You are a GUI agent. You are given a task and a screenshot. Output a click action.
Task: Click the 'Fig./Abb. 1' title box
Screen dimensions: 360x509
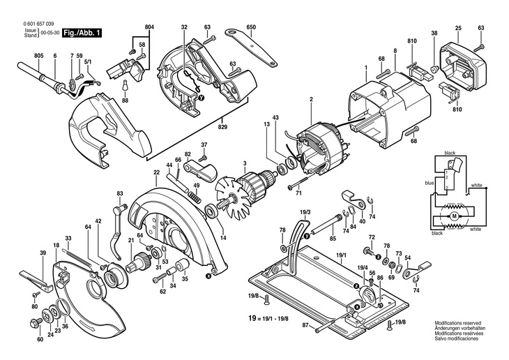(x=81, y=33)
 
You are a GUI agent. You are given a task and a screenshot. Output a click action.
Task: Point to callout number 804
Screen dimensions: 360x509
(x=149, y=27)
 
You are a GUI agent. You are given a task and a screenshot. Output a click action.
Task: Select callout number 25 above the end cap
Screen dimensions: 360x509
(x=457, y=28)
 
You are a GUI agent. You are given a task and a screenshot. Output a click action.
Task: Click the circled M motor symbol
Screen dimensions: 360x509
(x=454, y=216)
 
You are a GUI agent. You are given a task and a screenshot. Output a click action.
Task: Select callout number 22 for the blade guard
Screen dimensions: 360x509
(x=156, y=172)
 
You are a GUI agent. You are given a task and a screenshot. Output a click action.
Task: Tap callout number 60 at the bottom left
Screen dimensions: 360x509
(x=40, y=339)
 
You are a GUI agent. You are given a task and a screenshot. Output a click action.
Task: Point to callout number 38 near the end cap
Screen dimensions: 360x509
(x=434, y=34)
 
